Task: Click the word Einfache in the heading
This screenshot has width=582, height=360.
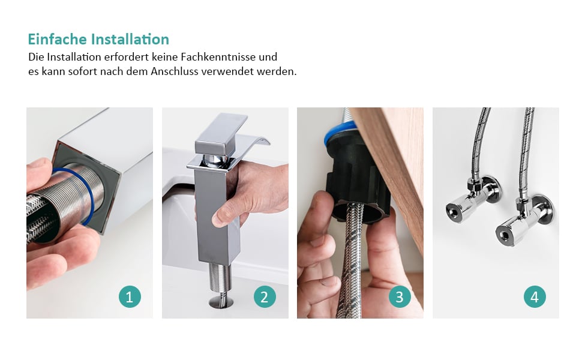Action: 57,40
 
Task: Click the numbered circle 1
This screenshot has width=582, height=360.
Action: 130,297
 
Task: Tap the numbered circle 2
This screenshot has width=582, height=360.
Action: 265,297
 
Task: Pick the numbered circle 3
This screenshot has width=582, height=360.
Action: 400,297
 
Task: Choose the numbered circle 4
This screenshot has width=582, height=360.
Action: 535,297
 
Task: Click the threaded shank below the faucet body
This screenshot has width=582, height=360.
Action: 220,277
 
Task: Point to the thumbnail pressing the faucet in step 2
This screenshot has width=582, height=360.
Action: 219,219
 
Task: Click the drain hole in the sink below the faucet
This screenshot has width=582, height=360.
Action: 221,302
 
